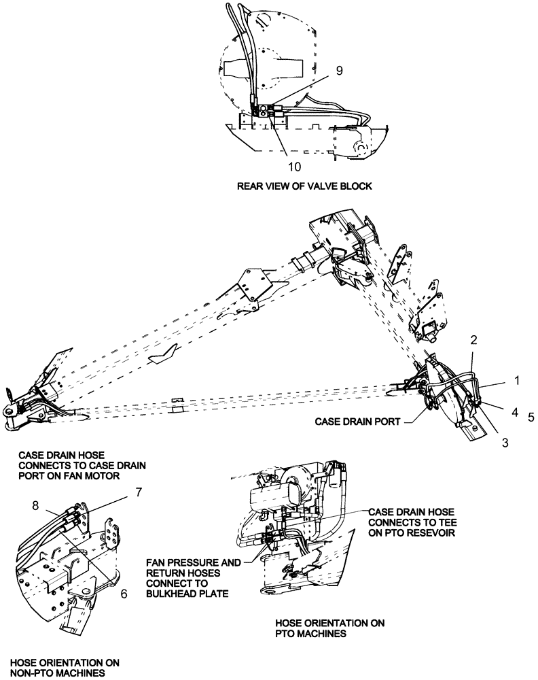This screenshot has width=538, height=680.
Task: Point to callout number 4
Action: pos(514,411)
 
